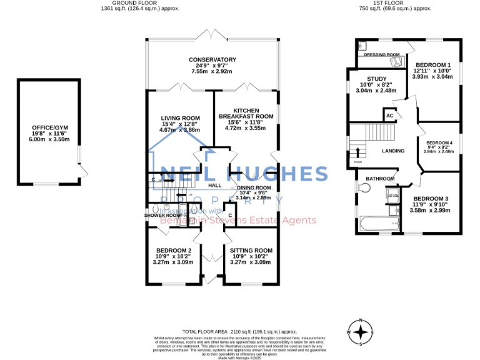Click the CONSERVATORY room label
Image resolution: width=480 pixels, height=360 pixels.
(x=213, y=59)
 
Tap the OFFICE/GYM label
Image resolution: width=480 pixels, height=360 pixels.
(x=49, y=127)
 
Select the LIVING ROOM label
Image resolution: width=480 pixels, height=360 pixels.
(x=180, y=118)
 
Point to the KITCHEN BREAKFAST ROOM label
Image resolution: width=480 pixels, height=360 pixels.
(x=246, y=112)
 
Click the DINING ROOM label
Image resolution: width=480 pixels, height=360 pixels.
(x=254, y=187)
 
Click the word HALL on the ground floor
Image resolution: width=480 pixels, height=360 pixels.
(x=214, y=186)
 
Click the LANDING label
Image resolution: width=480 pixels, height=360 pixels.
(x=393, y=151)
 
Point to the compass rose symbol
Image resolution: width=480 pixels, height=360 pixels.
(x=361, y=332)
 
